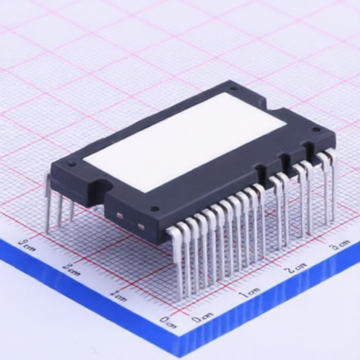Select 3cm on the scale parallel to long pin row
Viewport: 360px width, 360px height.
[340, 246]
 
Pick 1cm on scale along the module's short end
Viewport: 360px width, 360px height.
[119, 297]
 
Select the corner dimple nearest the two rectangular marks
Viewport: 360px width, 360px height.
[154, 209]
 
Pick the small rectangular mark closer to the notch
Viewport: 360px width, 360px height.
[120, 213]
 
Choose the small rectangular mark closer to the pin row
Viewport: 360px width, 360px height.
[141, 226]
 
